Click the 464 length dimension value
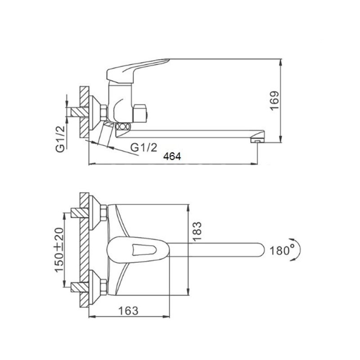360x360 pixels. [172, 157]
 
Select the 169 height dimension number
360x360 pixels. [274, 101]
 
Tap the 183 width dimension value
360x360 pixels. [197, 231]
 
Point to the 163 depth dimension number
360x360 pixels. [128, 311]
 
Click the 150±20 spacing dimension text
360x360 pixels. [59, 250]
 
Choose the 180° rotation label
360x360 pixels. [282, 250]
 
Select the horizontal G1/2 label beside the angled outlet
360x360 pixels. [144, 148]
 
